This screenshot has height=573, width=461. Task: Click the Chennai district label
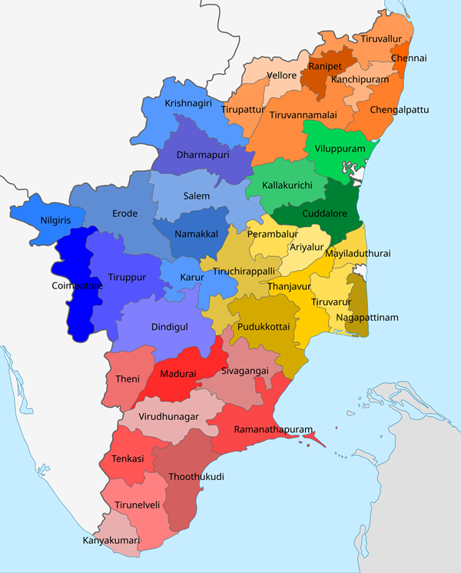pos(409,58)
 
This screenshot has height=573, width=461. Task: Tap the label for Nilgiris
pos(55,221)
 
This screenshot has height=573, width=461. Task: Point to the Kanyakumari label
pos(111,541)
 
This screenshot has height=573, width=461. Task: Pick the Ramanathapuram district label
pos(264,429)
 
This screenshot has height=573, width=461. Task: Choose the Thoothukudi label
pos(196,477)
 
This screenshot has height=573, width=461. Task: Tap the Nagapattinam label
pos(367,318)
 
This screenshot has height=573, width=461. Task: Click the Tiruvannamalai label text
pos(303,115)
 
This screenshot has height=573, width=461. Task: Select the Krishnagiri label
pos(188,103)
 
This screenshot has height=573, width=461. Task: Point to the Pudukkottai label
pos(264,326)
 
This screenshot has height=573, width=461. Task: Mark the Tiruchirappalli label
pos(244,272)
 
